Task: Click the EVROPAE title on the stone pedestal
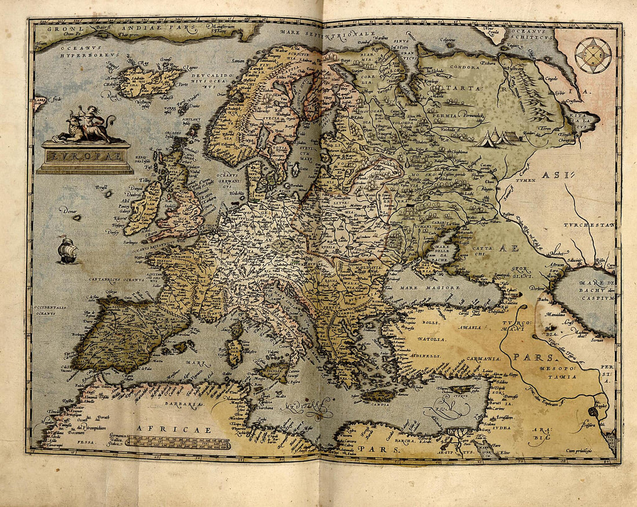[x=85, y=156]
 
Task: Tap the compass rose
[x=593, y=55]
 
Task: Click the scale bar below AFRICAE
[x=180, y=443]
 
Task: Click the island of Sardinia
[x=234, y=352]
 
